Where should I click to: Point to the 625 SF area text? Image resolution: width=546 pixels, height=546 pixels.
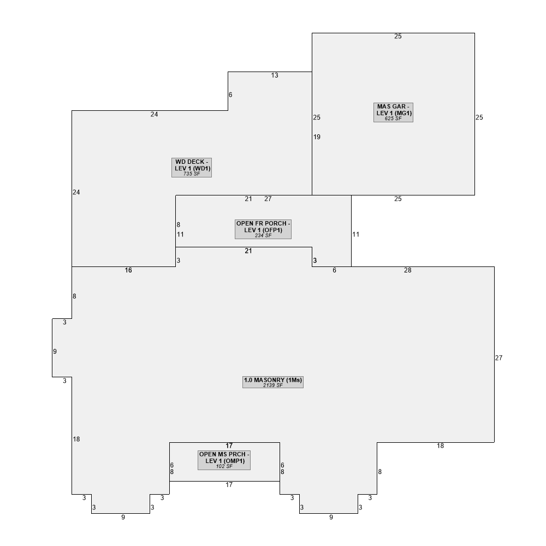[x=393, y=118]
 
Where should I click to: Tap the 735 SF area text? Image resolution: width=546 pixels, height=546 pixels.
[x=192, y=174]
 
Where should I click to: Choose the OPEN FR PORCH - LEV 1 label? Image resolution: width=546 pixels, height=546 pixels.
[x=263, y=227]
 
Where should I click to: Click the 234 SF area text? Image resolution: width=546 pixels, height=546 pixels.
[x=263, y=235]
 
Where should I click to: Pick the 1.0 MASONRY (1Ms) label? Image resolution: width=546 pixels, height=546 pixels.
[x=273, y=380]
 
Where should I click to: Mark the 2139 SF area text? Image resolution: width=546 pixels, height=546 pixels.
[x=273, y=385]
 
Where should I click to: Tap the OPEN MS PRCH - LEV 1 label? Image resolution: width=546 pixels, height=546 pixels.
[x=224, y=458]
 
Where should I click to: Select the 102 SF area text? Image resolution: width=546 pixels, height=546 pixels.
[x=224, y=466]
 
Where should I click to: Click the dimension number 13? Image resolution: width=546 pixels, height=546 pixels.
[x=275, y=75]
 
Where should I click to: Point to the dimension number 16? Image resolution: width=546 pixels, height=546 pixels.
[x=128, y=270]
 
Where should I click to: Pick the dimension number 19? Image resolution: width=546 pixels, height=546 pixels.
[x=317, y=137]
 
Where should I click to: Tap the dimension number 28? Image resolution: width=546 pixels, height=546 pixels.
[x=408, y=270]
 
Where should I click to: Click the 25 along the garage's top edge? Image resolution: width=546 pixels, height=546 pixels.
[x=398, y=36]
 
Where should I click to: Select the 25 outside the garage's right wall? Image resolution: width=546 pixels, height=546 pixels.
[x=479, y=117]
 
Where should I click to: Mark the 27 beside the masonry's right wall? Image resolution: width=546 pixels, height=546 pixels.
[x=499, y=358]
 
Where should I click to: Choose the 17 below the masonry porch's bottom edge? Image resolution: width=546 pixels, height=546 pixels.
[x=229, y=485]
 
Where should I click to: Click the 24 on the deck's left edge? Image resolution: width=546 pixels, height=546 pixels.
[x=76, y=192]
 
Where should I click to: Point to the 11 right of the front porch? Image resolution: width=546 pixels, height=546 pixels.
[x=356, y=234]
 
